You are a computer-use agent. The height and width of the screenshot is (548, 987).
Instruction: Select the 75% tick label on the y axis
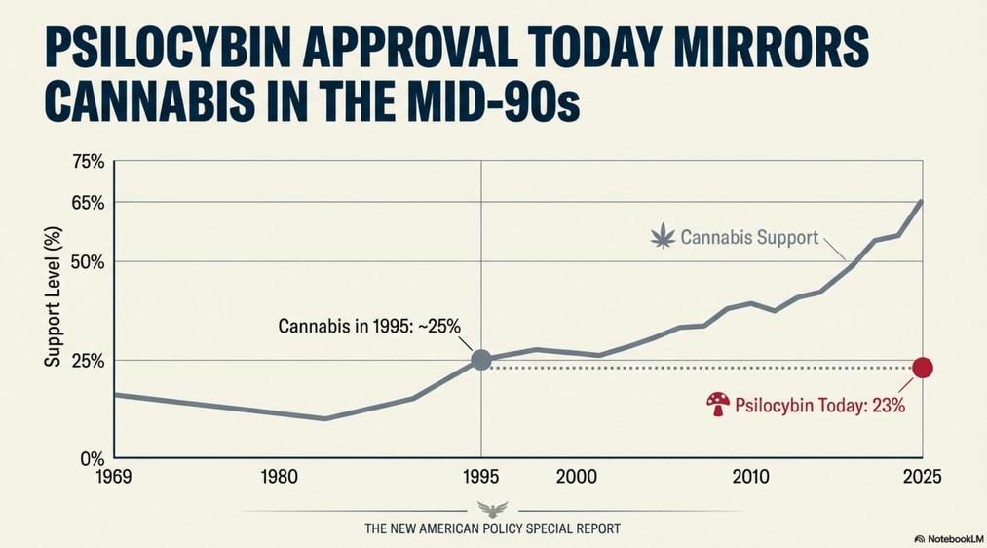(89, 162)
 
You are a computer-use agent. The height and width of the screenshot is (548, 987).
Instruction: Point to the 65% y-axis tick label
(89, 202)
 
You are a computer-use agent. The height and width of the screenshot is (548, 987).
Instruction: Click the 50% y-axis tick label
(89, 262)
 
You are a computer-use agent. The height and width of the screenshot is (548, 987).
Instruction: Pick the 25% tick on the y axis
(89, 361)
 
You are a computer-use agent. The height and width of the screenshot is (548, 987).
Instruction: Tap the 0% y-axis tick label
(93, 458)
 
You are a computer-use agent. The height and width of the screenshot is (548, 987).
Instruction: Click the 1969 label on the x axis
(114, 478)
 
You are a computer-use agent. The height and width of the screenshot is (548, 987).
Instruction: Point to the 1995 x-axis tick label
(481, 478)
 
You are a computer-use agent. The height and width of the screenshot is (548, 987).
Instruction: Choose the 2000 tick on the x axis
(576, 478)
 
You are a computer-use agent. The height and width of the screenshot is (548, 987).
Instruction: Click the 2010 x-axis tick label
(751, 478)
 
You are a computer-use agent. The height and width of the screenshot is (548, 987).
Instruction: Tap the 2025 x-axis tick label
(922, 478)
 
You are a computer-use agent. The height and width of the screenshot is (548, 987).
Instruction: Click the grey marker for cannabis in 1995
(481, 360)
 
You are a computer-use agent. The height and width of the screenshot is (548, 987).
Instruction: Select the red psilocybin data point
(922, 368)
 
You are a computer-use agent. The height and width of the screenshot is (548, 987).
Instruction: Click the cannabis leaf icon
(663, 236)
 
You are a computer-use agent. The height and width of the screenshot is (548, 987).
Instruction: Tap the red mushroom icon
(718, 404)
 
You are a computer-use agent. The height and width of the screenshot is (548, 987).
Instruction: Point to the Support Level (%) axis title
(54, 296)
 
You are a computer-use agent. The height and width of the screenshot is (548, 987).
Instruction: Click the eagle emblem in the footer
(492, 510)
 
